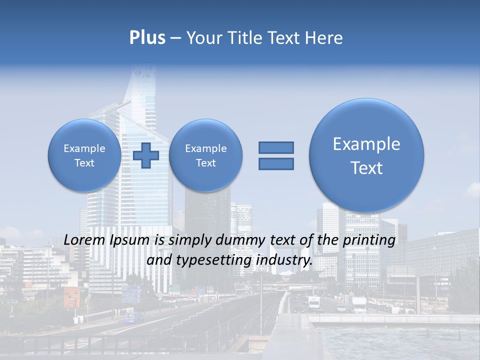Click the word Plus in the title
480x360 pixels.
(147, 38)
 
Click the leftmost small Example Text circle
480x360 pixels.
(84, 155)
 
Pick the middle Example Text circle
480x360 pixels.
(205, 155)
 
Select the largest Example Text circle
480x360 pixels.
(366, 155)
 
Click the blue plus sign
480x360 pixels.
(146, 155)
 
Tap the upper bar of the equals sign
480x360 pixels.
(276, 147)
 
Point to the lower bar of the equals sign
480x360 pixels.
(276, 164)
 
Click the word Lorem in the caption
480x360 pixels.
(84, 240)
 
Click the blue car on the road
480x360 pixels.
(132, 317)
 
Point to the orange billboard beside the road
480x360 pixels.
(71, 297)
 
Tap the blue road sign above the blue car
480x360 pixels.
(131, 294)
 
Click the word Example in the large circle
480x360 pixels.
(366, 144)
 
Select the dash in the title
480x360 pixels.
(175, 38)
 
